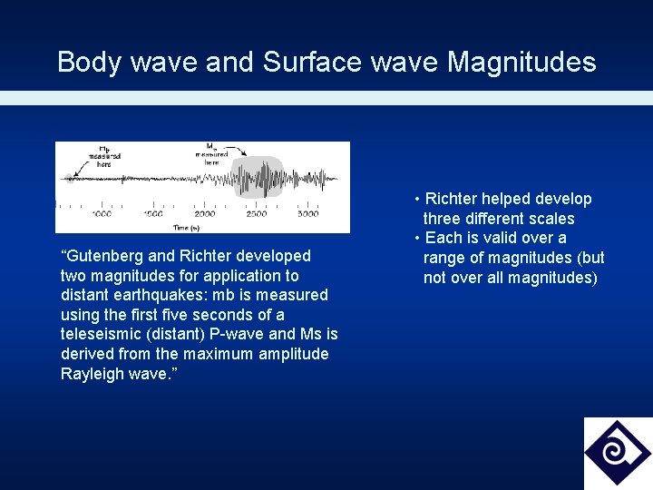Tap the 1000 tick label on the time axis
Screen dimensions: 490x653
101,214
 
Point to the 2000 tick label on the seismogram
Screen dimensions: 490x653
204,214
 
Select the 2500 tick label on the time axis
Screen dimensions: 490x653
257,214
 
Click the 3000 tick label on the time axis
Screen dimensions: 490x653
307,214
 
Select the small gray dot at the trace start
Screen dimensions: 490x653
66,178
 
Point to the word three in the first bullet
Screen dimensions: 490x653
443,219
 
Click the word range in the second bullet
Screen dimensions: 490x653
445,258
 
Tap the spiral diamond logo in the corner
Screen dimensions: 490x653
618,453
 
